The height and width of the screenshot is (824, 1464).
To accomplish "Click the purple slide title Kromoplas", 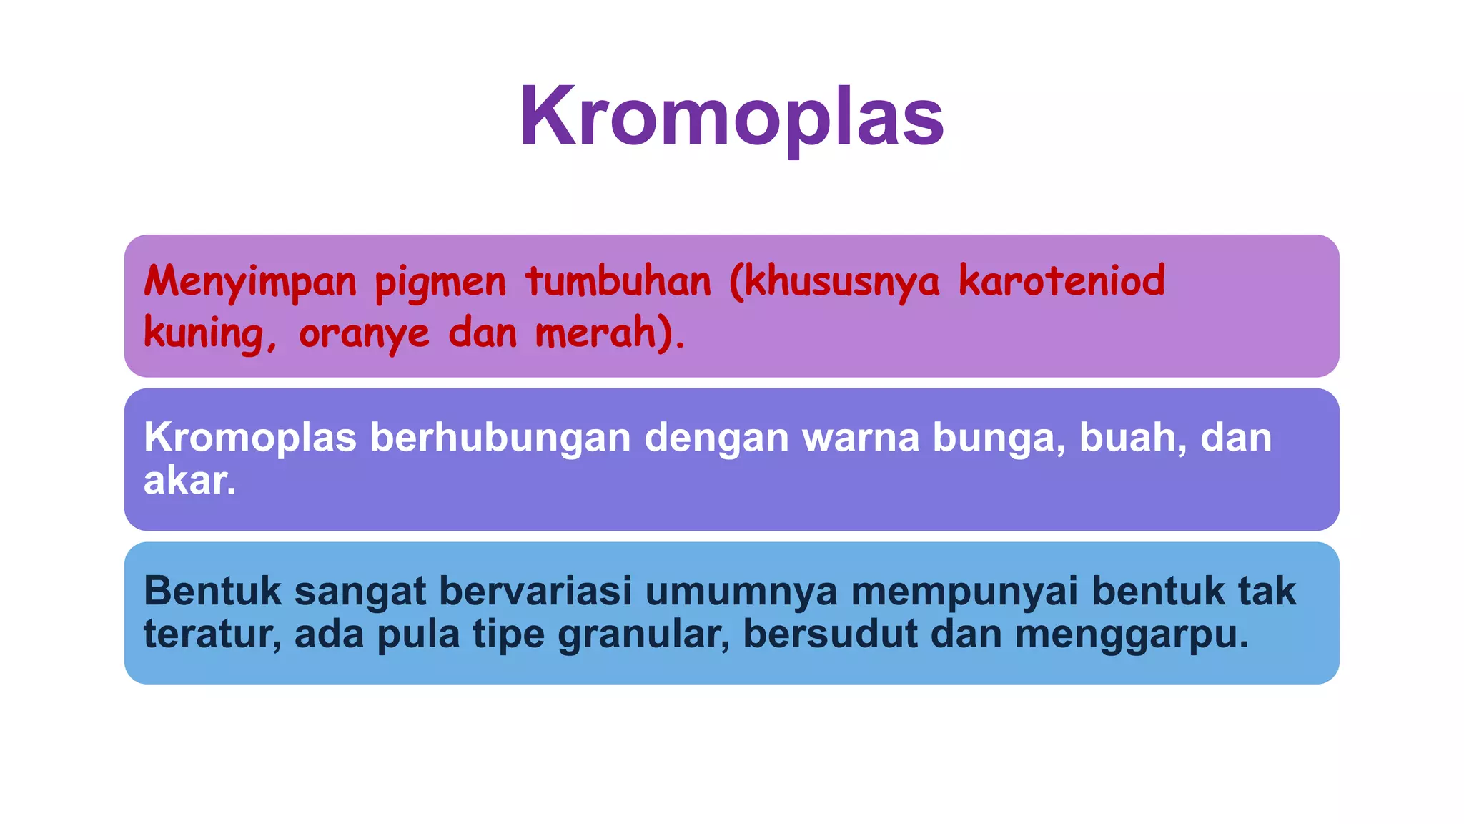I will coord(731,117).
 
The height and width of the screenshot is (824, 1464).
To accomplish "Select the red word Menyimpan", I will coord(250,281).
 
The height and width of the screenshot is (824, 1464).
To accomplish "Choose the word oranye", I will coord(364,334).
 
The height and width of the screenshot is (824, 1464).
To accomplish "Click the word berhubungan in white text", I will coord(500,437).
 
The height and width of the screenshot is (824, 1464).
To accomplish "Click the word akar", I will coord(189,480).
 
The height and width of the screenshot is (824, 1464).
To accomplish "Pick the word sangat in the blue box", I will coord(360,592).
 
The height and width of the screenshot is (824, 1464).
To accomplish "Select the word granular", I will coord(644,634).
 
